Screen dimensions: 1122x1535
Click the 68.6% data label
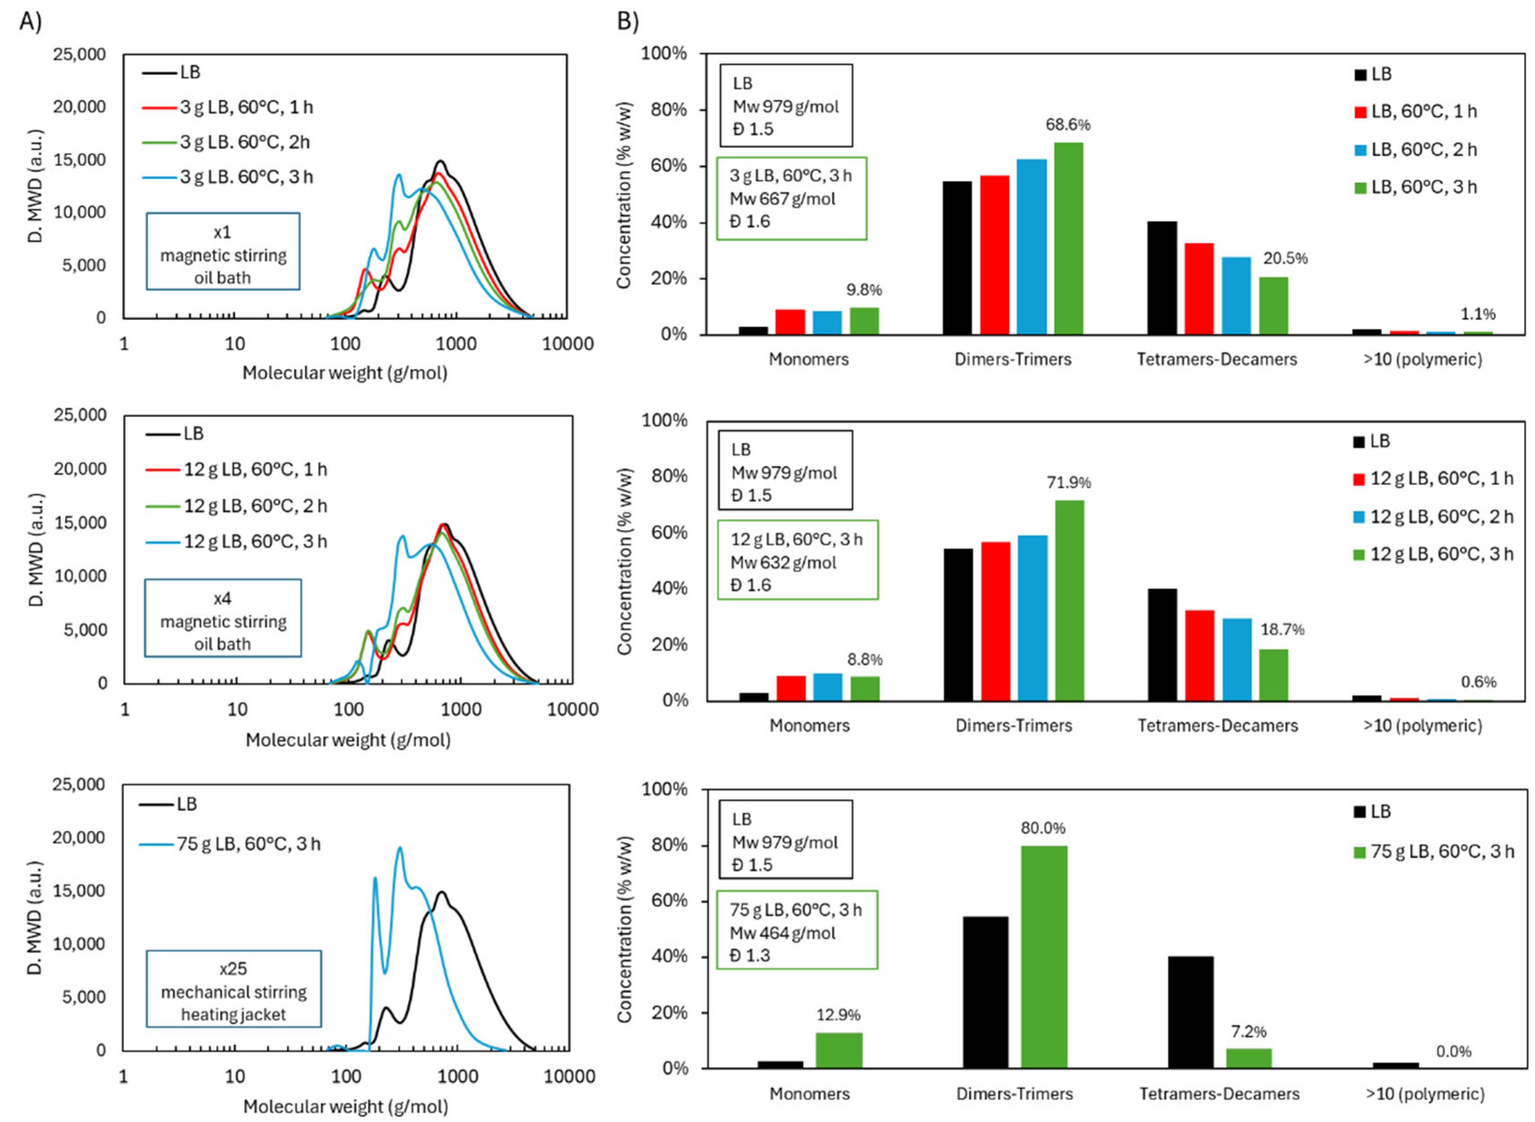point(1067,125)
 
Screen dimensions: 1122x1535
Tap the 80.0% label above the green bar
point(1043,828)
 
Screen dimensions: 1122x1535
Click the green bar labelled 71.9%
point(1069,600)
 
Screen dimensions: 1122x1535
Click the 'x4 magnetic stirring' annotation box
point(223,619)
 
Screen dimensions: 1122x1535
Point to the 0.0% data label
point(1453,1051)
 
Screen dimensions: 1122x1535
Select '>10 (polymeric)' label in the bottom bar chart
point(1424,1093)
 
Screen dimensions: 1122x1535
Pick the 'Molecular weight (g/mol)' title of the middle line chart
point(348,740)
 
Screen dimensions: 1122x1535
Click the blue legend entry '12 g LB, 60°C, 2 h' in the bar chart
point(1433,517)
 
